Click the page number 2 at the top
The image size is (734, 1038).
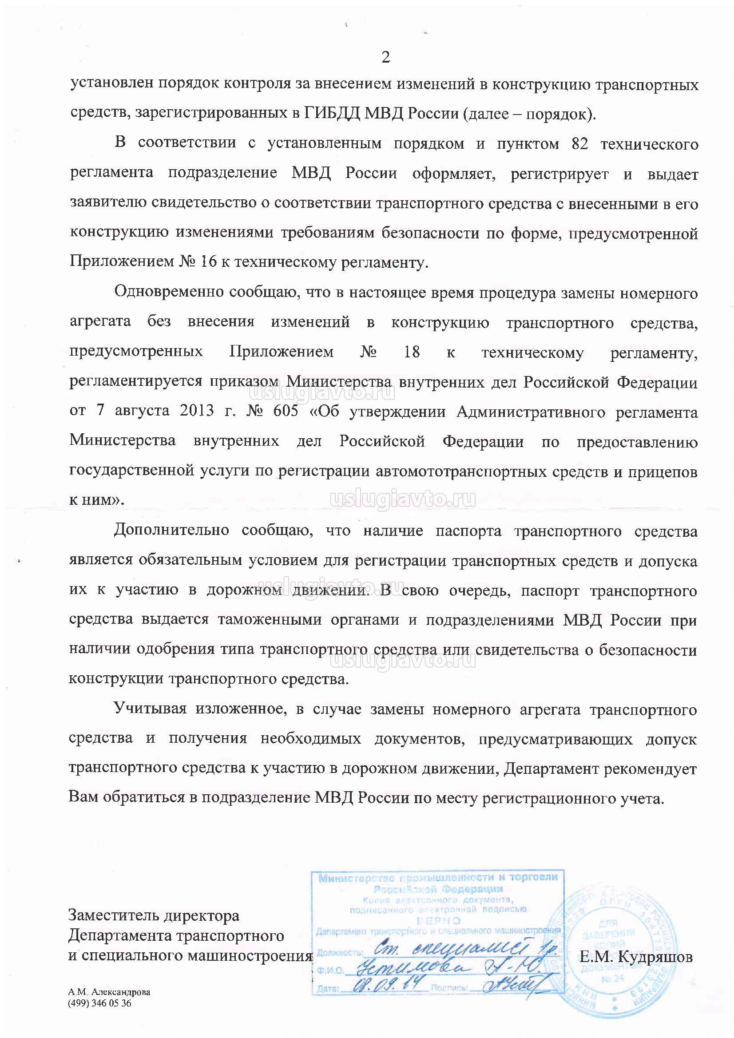pos(385,57)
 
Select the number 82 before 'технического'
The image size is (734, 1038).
pos(576,144)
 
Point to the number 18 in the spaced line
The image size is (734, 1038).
pos(412,351)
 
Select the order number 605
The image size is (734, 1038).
pos(286,411)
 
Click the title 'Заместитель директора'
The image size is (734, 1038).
pos(154,915)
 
